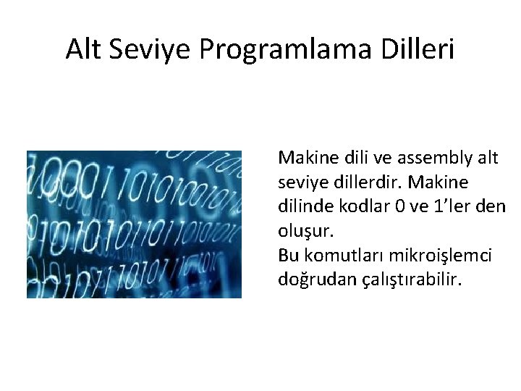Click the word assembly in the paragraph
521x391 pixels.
(x=435, y=157)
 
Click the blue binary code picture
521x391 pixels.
(x=134, y=224)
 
